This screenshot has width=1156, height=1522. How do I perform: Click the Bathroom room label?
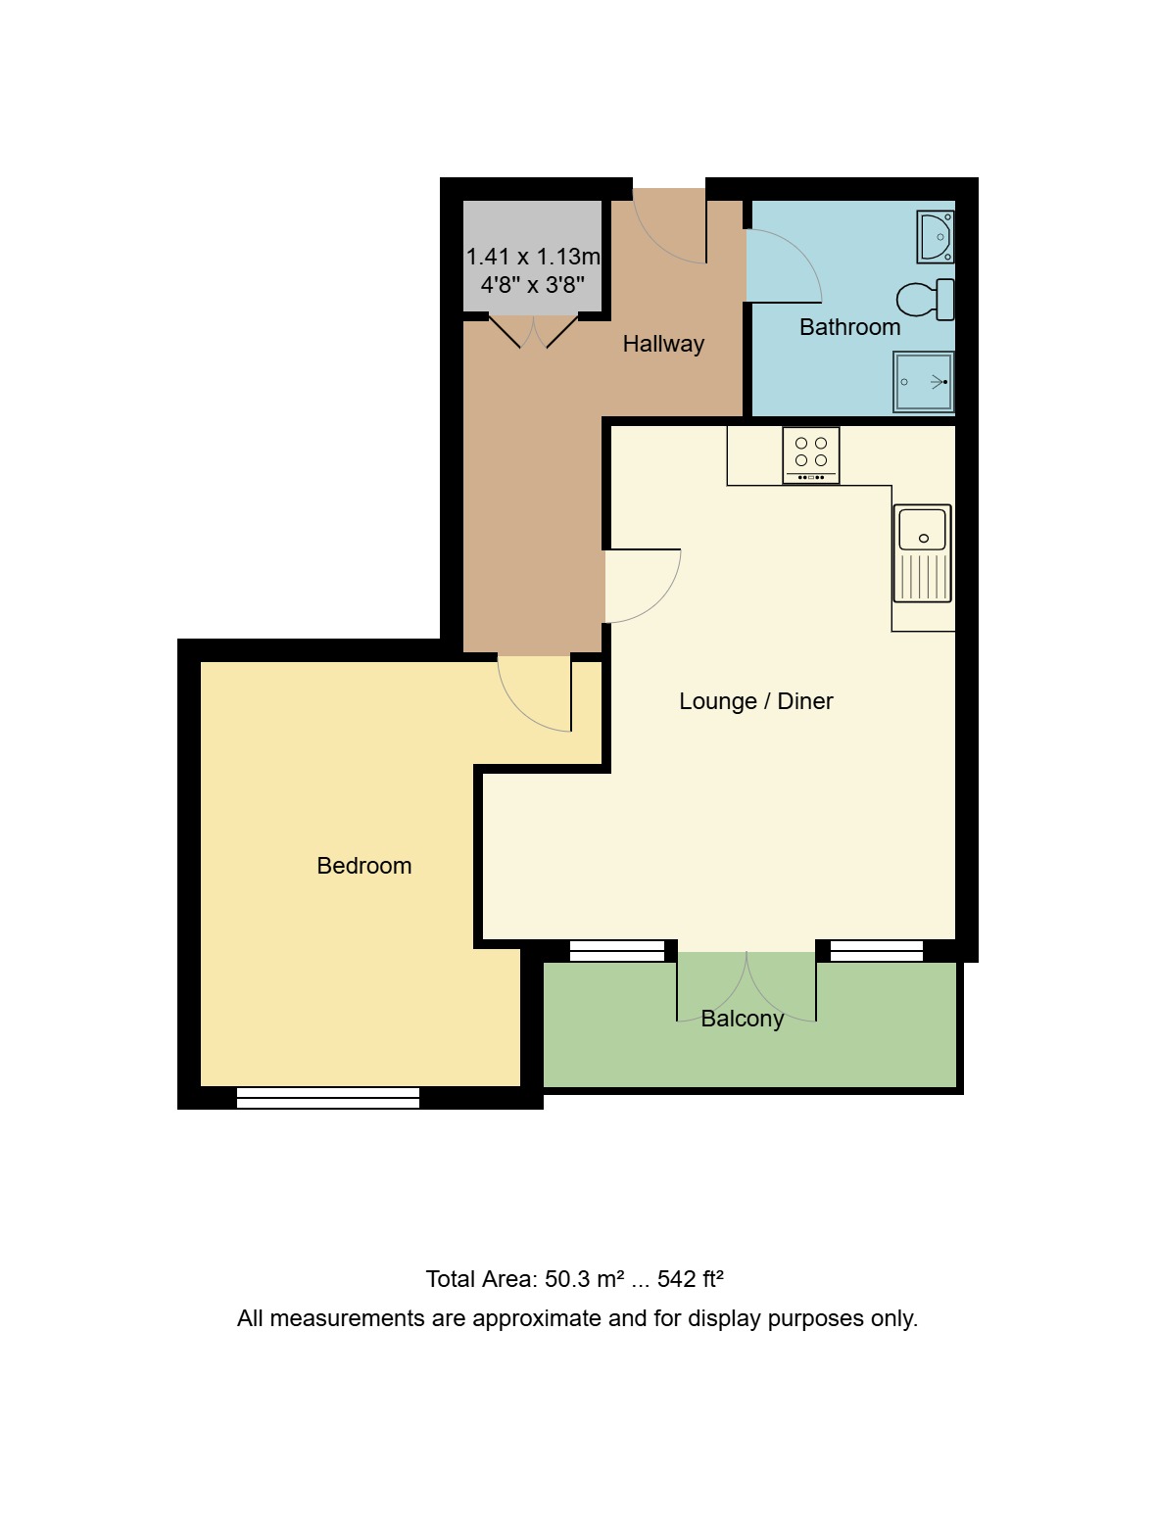(x=849, y=327)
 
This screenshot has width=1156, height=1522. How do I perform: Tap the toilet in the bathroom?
(x=924, y=300)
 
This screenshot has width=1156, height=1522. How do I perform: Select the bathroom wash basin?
(x=936, y=237)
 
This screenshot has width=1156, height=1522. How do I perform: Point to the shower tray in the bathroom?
(x=923, y=382)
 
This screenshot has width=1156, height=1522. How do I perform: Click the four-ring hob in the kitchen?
(x=811, y=455)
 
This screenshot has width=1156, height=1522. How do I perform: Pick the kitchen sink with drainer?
(x=922, y=553)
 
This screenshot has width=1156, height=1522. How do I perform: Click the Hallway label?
(x=663, y=344)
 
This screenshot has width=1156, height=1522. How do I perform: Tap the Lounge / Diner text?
(x=755, y=701)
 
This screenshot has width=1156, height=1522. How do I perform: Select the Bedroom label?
(x=363, y=866)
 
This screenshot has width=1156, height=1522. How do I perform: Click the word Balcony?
(x=743, y=1019)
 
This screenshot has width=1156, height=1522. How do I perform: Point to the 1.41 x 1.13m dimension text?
(x=533, y=257)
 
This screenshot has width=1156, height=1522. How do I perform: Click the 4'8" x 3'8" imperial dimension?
(x=533, y=285)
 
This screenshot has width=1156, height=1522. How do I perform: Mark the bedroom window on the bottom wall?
(x=328, y=1098)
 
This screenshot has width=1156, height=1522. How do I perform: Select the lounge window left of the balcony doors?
(x=617, y=951)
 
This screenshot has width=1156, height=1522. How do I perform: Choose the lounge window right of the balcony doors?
(x=876, y=951)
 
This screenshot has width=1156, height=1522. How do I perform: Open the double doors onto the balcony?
(x=747, y=984)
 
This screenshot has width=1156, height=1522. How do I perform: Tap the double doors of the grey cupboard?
(x=534, y=331)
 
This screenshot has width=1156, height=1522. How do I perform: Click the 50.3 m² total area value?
(x=584, y=1279)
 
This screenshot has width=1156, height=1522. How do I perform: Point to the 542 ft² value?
(x=690, y=1279)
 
